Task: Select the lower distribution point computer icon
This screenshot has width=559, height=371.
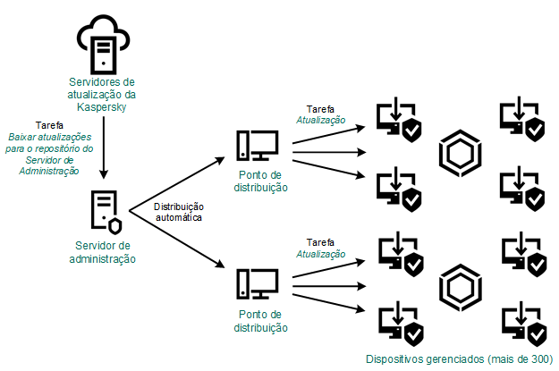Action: point(258,283)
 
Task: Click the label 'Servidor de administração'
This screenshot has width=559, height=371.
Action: point(105,252)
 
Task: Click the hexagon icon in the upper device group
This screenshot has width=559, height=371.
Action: point(462,152)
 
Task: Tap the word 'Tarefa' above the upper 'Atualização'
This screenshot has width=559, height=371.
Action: point(321,108)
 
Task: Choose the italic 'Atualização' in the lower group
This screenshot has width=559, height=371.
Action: point(321,254)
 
